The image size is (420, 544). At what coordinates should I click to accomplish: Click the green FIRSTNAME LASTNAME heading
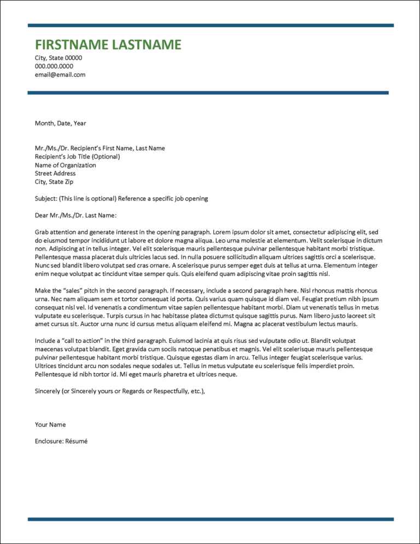(108, 45)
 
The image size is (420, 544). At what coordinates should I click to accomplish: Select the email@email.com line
(60, 75)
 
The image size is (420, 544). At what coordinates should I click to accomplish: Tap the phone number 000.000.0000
(54, 66)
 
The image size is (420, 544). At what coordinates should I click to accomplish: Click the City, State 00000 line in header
(58, 58)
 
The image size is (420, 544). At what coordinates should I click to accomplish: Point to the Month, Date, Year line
(60, 123)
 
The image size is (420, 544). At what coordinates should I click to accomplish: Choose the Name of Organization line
(65, 165)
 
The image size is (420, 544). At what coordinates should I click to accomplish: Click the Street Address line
(55, 173)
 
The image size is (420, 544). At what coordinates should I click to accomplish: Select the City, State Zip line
(54, 181)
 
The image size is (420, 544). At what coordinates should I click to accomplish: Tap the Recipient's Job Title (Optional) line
(77, 157)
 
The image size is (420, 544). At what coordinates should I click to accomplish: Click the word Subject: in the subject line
(46, 198)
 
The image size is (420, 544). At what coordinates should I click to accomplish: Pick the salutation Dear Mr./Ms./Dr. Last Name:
(75, 215)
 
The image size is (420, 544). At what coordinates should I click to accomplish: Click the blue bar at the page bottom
(210, 519)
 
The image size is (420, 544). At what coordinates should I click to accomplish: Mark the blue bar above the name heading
(210, 25)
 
